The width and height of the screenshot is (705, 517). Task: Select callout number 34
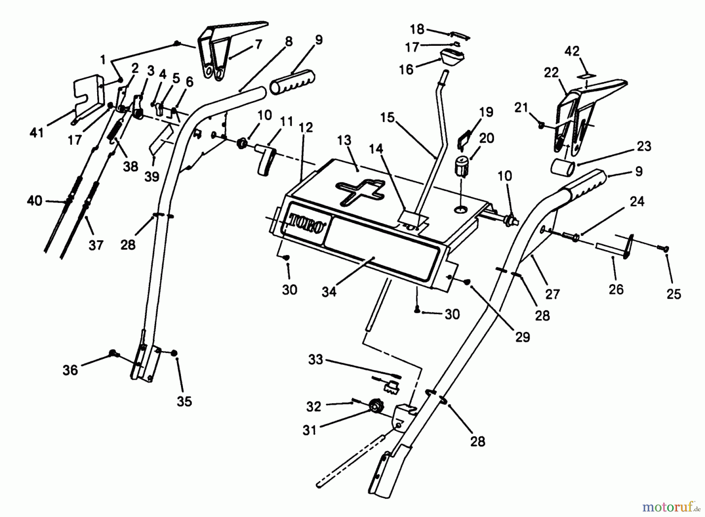tap(329, 292)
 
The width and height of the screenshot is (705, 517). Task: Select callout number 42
tap(572, 51)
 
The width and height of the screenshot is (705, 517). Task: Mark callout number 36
tap(70, 370)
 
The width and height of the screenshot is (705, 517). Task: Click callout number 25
tap(674, 294)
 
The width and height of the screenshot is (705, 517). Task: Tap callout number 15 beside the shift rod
tap(388, 117)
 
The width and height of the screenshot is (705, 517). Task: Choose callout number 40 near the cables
tap(34, 201)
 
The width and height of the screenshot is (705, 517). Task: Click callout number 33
tap(316, 359)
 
